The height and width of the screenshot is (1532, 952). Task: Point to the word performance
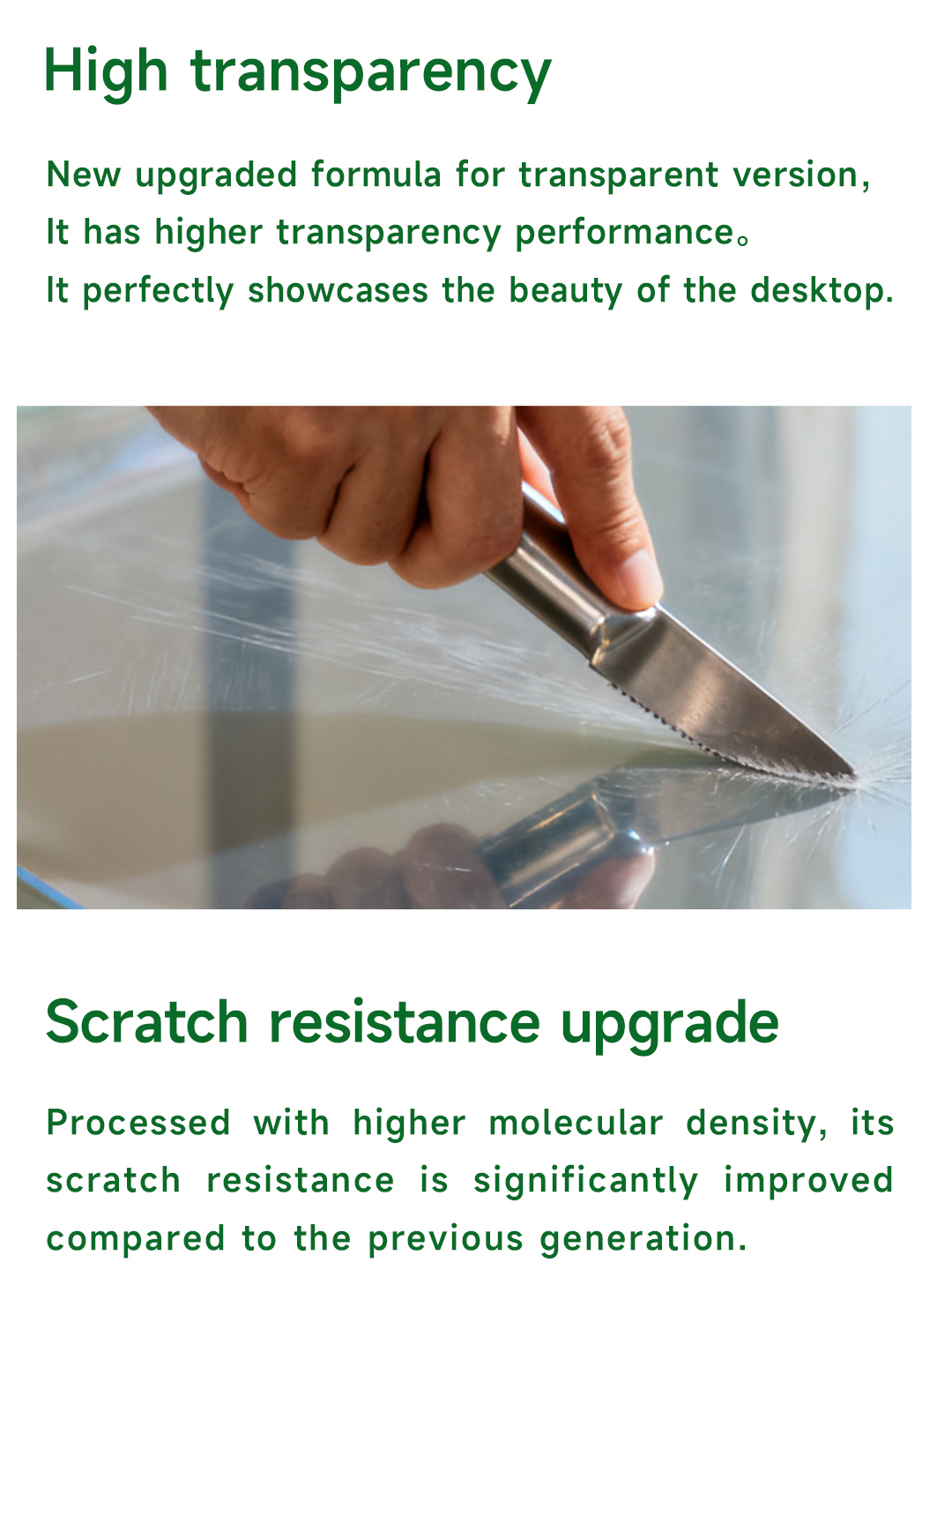coord(624,234)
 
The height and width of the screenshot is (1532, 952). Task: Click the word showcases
coord(338,290)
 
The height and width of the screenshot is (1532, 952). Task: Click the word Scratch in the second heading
coord(147,1022)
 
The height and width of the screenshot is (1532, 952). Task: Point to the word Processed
coord(138,1123)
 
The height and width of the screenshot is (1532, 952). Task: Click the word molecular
coord(576,1123)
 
